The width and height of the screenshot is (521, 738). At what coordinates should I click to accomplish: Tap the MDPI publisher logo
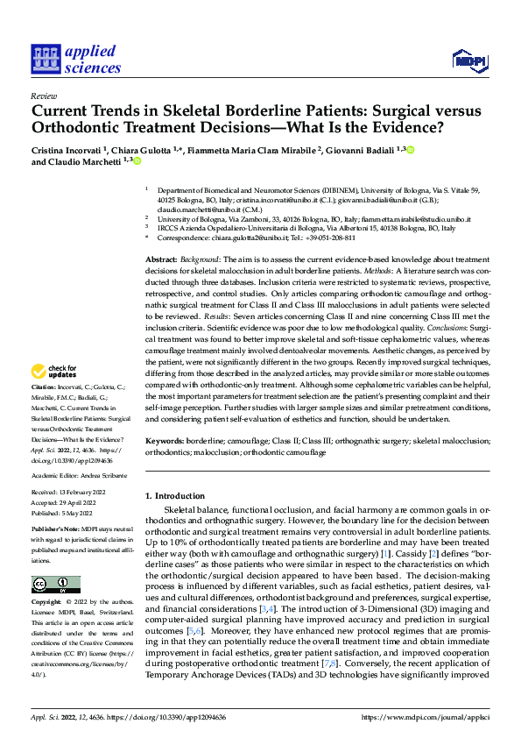[469, 60]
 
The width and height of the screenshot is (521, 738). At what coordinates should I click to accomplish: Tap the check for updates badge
[54, 395]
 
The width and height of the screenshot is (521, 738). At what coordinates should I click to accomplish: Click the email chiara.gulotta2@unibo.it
[257, 238]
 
